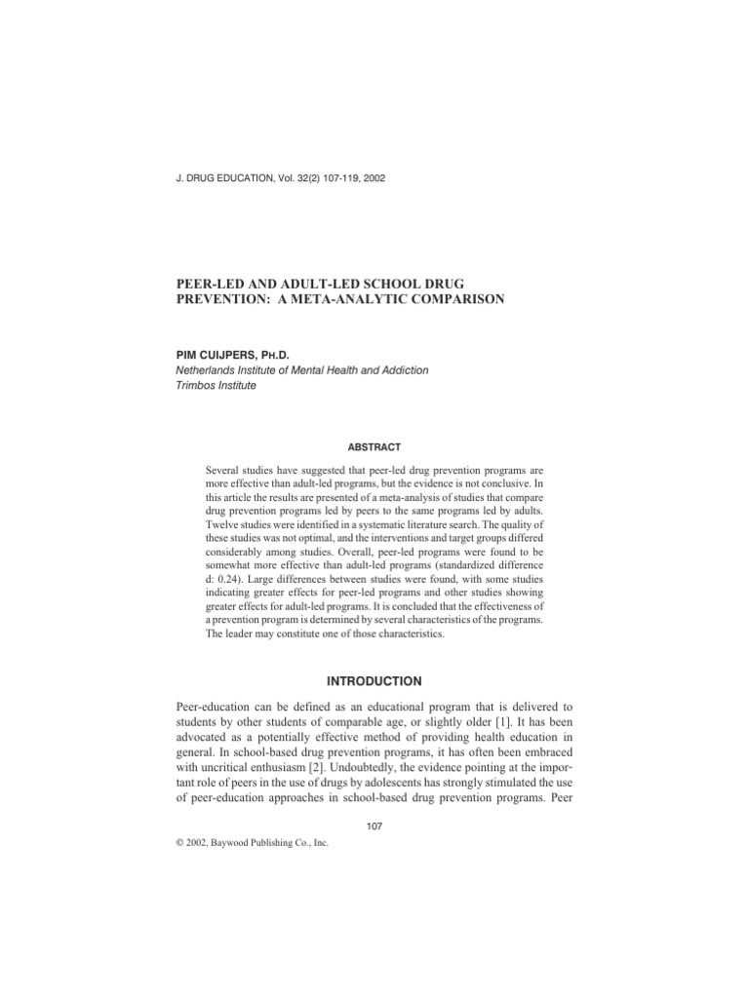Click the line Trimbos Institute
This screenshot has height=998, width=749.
click(217, 385)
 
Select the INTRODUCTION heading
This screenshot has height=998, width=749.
click(374, 681)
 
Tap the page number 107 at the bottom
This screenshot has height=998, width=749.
click(374, 826)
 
